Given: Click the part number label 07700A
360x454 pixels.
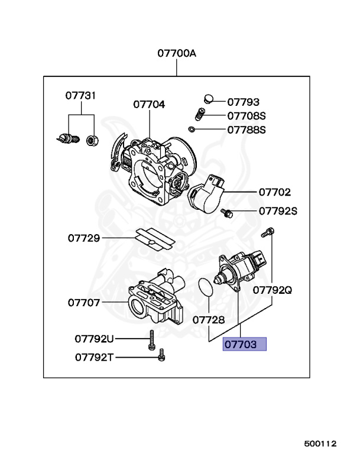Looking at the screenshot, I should coord(176,53).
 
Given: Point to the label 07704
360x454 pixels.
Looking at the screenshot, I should coord(149,104).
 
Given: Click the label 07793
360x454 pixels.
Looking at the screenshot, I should coord(243,102).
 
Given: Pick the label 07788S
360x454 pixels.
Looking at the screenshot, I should coord(247,129).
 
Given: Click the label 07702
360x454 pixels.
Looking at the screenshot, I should coord(274,192).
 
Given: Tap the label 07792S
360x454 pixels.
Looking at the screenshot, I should coord(277,210).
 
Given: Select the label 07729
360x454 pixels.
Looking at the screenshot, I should coord(84,238).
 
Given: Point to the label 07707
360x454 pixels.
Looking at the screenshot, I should coord(84,302).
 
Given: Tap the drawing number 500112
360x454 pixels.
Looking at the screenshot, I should coord(320,443).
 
